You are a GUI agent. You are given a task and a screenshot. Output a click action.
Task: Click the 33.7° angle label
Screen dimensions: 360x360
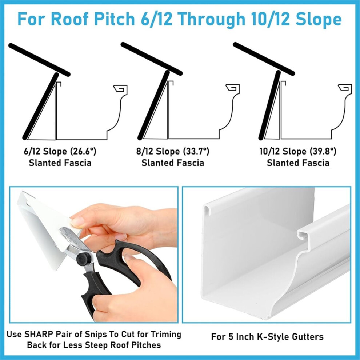pos(196,152)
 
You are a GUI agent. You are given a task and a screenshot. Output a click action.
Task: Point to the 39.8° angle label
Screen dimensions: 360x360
pos(323,152)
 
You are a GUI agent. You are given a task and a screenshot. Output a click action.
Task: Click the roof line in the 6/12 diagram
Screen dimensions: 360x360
pos(39,60)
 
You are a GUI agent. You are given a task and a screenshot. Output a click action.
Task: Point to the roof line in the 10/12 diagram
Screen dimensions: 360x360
pos(264,59)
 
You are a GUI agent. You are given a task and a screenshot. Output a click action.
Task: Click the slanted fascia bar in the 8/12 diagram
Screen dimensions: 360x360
pos(153,105)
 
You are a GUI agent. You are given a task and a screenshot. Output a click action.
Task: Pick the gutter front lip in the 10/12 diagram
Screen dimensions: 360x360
pos(345,88)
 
